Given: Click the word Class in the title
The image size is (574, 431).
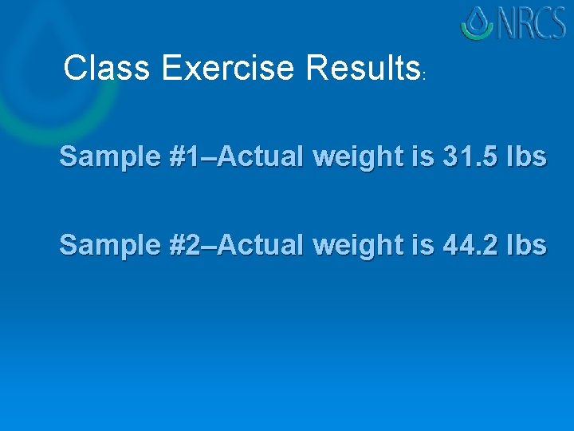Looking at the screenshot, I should click(106, 69).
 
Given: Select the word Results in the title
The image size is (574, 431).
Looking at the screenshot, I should click(363, 69).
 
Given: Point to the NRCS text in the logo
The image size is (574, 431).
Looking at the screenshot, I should click(533, 24).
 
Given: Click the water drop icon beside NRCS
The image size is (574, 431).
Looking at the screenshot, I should click(478, 23).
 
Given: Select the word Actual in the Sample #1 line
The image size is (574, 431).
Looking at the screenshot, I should click(260, 157).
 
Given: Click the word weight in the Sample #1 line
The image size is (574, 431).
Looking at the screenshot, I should click(356, 158).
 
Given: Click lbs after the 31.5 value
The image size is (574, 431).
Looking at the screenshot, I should click(526, 157).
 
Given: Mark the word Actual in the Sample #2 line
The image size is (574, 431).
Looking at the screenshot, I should click(260, 245).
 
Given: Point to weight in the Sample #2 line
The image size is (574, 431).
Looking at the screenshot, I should click(356, 246).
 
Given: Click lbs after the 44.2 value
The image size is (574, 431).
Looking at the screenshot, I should click(526, 245).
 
